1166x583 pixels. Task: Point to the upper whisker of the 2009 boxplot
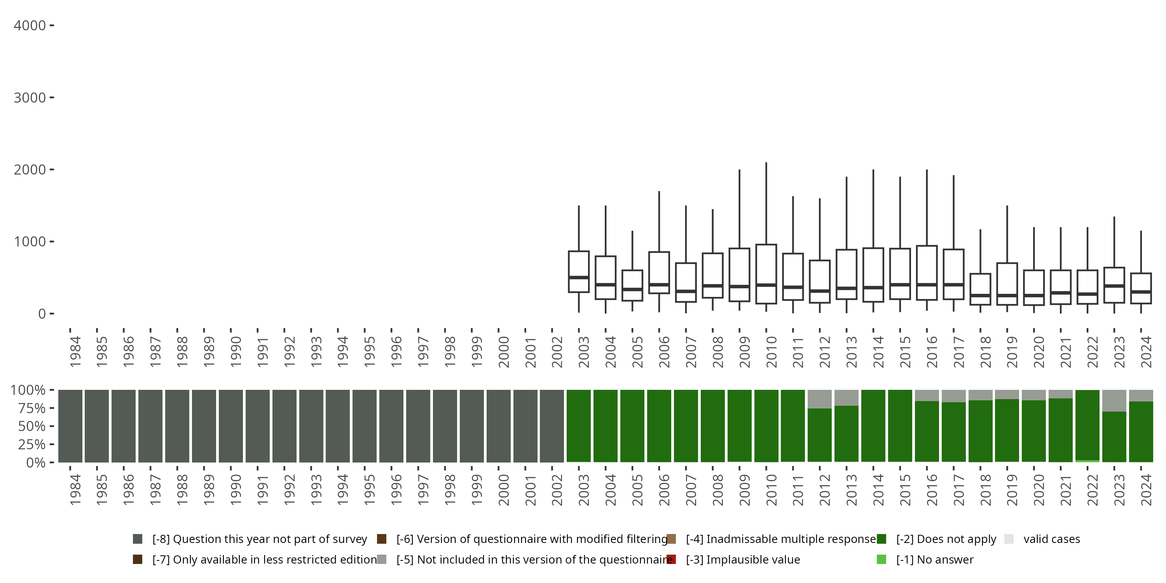click(x=739, y=208)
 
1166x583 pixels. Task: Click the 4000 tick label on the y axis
click(x=30, y=26)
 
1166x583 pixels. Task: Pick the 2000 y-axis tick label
click(x=30, y=170)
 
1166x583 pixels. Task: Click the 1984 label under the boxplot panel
click(x=75, y=351)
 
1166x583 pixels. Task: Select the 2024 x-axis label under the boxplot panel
click(x=1146, y=351)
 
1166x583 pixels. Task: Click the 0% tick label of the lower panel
click(x=35, y=463)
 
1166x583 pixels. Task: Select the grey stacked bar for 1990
click(x=231, y=426)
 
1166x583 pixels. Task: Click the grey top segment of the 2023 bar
click(x=1114, y=400)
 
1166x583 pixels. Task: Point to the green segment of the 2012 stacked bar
click(x=819, y=435)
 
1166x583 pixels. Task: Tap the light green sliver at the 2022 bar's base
click(x=1087, y=461)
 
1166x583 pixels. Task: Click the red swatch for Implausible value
click(x=671, y=559)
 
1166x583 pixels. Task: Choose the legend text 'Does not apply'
click(x=946, y=539)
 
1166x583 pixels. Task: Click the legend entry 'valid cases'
click(x=1051, y=539)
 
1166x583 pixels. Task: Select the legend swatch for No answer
click(x=881, y=559)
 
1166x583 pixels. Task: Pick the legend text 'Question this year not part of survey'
click(x=259, y=539)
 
